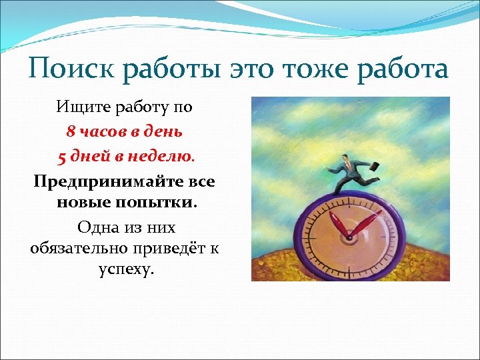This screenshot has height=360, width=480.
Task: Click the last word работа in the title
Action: click(x=401, y=68)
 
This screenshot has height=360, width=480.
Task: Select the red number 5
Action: click(x=62, y=157)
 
